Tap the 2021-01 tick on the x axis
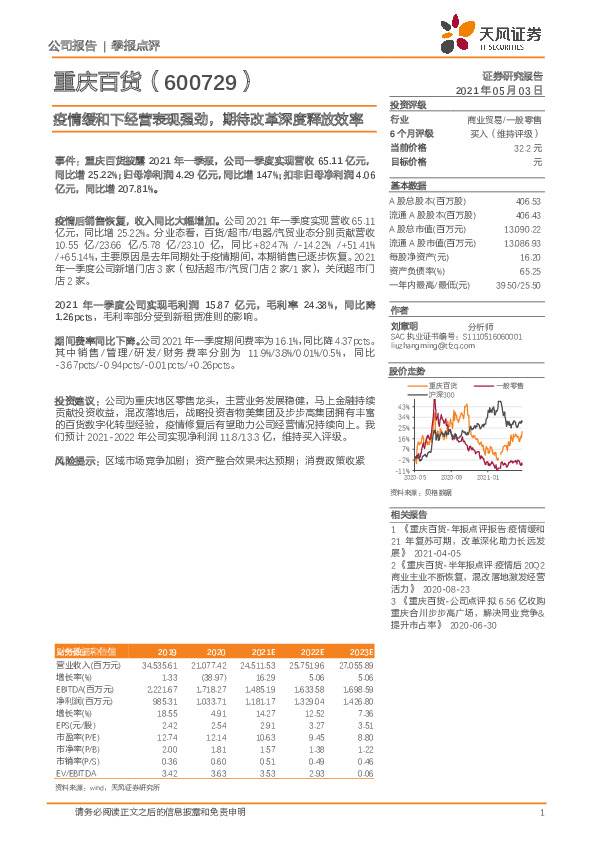(x=487, y=477)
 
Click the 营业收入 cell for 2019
(x=159, y=663)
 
